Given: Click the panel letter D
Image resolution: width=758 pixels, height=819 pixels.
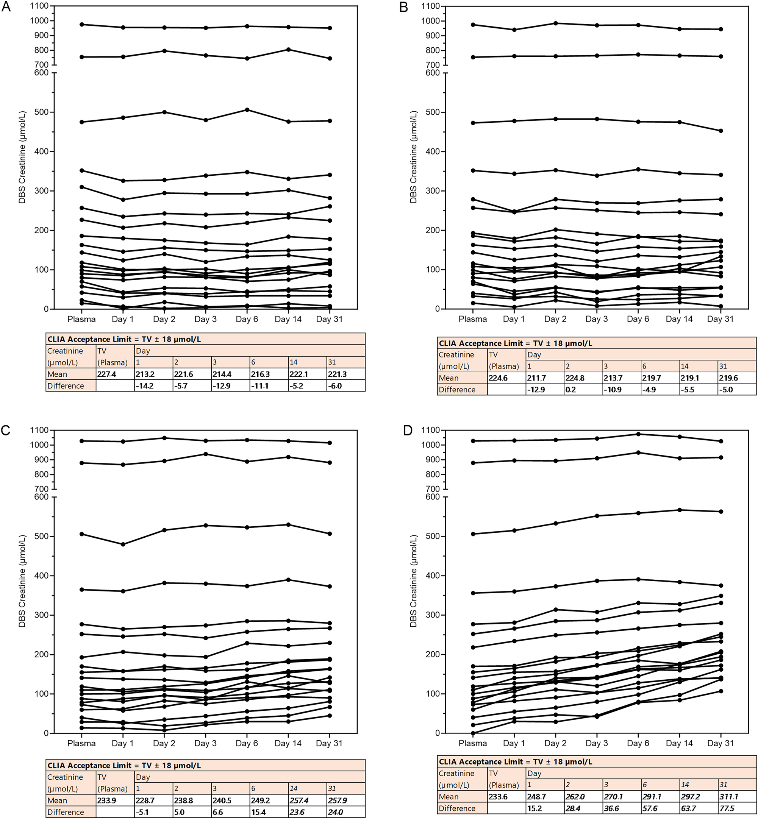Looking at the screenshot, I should click(x=408, y=431).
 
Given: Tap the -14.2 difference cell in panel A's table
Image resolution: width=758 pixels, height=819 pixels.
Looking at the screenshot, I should click(x=144, y=386).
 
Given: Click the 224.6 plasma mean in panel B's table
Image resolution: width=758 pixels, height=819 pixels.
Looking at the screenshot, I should click(x=498, y=378).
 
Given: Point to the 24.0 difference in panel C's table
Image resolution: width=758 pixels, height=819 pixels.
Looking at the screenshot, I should click(x=335, y=812).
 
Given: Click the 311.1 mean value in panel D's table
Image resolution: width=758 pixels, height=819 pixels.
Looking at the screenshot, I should click(x=729, y=796).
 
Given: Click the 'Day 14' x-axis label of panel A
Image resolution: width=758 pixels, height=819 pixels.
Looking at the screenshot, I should click(x=288, y=319).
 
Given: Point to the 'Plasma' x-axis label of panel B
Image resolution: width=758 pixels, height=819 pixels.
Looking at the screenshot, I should click(x=472, y=319).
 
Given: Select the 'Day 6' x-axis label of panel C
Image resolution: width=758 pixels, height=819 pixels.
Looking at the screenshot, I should click(x=247, y=743).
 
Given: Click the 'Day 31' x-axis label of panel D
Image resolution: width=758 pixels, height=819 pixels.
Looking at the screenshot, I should click(x=720, y=743).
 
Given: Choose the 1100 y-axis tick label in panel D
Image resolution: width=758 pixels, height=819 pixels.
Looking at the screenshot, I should click(x=431, y=430).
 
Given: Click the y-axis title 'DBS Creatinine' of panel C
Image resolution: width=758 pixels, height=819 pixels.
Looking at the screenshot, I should click(x=22, y=581).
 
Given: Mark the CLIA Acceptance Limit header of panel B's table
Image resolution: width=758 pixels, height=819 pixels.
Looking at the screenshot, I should click(x=515, y=343).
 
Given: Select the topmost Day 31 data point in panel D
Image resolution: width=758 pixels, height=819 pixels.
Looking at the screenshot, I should click(x=720, y=441).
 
